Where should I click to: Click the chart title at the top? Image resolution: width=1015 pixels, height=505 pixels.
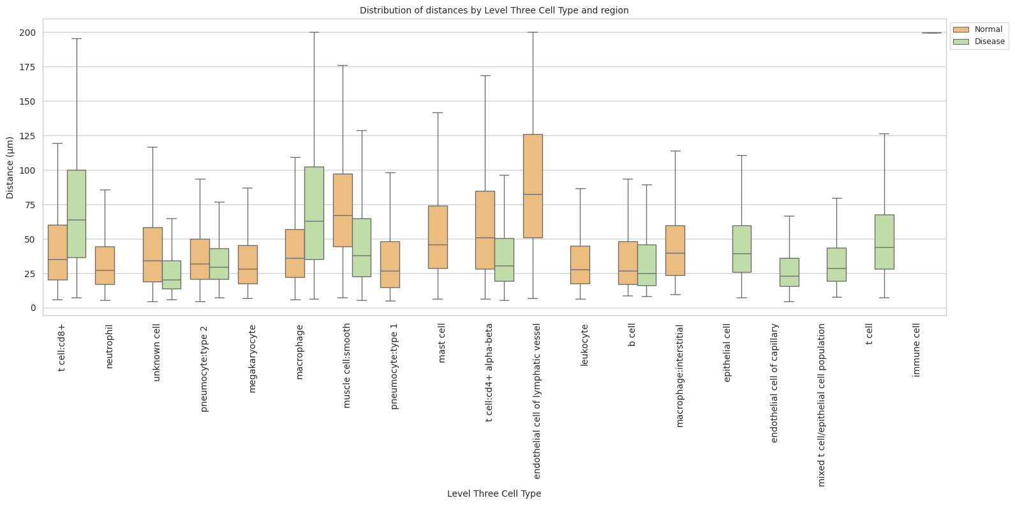click(494, 10)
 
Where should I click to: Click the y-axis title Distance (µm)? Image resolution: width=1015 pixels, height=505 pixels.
click(10, 167)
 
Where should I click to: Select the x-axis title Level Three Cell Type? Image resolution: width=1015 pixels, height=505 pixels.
click(494, 494)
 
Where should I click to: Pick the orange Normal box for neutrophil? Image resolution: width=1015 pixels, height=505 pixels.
click(105, 266)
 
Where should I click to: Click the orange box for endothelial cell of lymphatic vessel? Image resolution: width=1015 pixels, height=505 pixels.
click(533, 186)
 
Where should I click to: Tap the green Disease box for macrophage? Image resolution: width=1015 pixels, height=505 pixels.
click(314, 213)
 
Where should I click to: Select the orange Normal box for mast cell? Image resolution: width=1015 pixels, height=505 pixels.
click(438, 237)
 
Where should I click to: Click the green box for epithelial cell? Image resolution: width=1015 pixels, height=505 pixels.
click(741, 249)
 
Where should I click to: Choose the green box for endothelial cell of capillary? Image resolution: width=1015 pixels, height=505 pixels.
click(789, 272)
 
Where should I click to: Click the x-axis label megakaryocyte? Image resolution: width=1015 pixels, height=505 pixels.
click(252, 358)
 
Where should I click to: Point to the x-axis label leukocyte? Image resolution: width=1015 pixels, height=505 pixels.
click(584, 345)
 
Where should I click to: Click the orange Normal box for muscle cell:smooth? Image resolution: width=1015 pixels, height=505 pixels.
click(343, 210)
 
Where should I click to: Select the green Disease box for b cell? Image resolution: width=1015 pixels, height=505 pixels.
click(647, 265)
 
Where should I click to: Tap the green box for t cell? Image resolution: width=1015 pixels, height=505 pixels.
click(884, 242)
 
